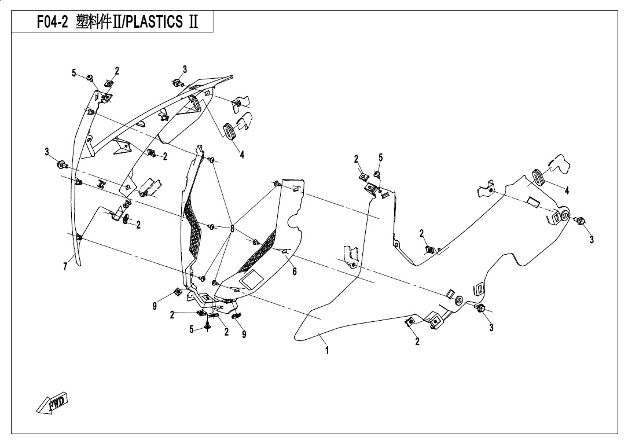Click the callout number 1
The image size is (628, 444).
327,350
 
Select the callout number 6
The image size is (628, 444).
295,271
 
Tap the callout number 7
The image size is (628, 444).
65,266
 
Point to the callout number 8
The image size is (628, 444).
232,229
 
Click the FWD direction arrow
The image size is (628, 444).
53,402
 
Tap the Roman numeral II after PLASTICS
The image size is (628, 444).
193,22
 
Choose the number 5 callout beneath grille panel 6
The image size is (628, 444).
192,329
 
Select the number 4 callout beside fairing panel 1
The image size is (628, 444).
567,191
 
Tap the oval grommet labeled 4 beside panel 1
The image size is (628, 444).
537,178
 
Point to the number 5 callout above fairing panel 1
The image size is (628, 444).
380,157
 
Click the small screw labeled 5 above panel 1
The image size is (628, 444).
377,174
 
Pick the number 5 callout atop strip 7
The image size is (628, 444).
74,73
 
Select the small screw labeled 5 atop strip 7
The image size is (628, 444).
90,77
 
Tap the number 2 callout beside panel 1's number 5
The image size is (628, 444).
356,159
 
